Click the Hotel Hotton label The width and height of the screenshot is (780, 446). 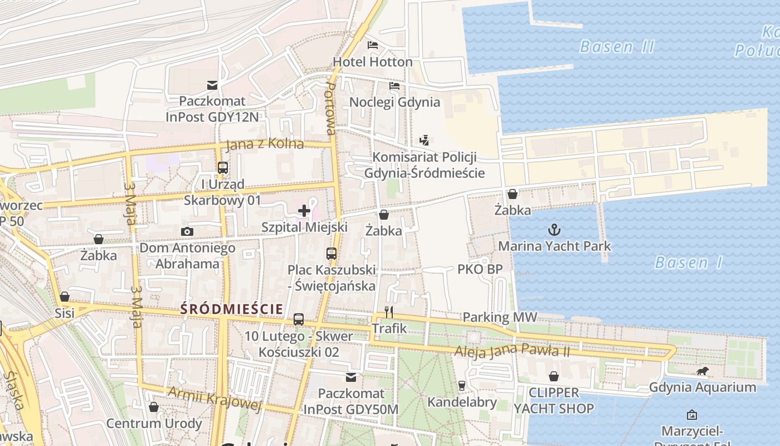[x=372, y=61]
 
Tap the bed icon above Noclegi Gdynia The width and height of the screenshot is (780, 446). [x=394, y=86]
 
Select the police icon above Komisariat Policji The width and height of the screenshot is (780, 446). [x=425, y=140]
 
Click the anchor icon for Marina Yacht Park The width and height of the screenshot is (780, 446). [x=554, y=230]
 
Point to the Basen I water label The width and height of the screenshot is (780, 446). [x=689, y=263]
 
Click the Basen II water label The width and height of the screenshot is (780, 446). [x=617, y=47]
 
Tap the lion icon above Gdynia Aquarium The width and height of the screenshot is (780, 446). [x=703, y=371]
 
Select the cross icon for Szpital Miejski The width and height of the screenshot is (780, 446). [x=304, y=211]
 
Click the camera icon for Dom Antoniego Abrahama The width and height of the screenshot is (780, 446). [x=187, y=231]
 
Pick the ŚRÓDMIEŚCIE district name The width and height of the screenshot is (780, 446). [x=232, y=309]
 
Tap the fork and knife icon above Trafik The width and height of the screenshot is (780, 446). [x=389, y=312]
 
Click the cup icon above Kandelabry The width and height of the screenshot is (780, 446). [x=461, y=385]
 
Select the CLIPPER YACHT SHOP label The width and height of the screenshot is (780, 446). [x=553, y=400]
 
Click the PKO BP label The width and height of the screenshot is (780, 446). [x=480, y=269]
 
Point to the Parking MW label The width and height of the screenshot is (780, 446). [x=500, y=317]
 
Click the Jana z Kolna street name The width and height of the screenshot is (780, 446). [x=265, y=144]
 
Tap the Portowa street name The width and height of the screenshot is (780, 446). [x=330, y=109]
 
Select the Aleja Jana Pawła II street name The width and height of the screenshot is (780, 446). [x=512, y=351]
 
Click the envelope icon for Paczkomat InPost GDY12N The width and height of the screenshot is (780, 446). [x=212, y=85]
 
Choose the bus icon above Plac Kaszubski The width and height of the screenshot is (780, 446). [x=331, y=254]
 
